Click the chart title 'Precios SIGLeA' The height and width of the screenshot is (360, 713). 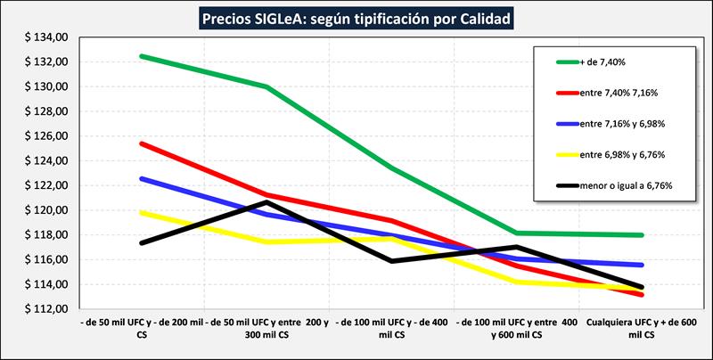point(357,17)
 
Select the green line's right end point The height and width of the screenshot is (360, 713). point(643,235)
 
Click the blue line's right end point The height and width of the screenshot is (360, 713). point(643,265)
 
